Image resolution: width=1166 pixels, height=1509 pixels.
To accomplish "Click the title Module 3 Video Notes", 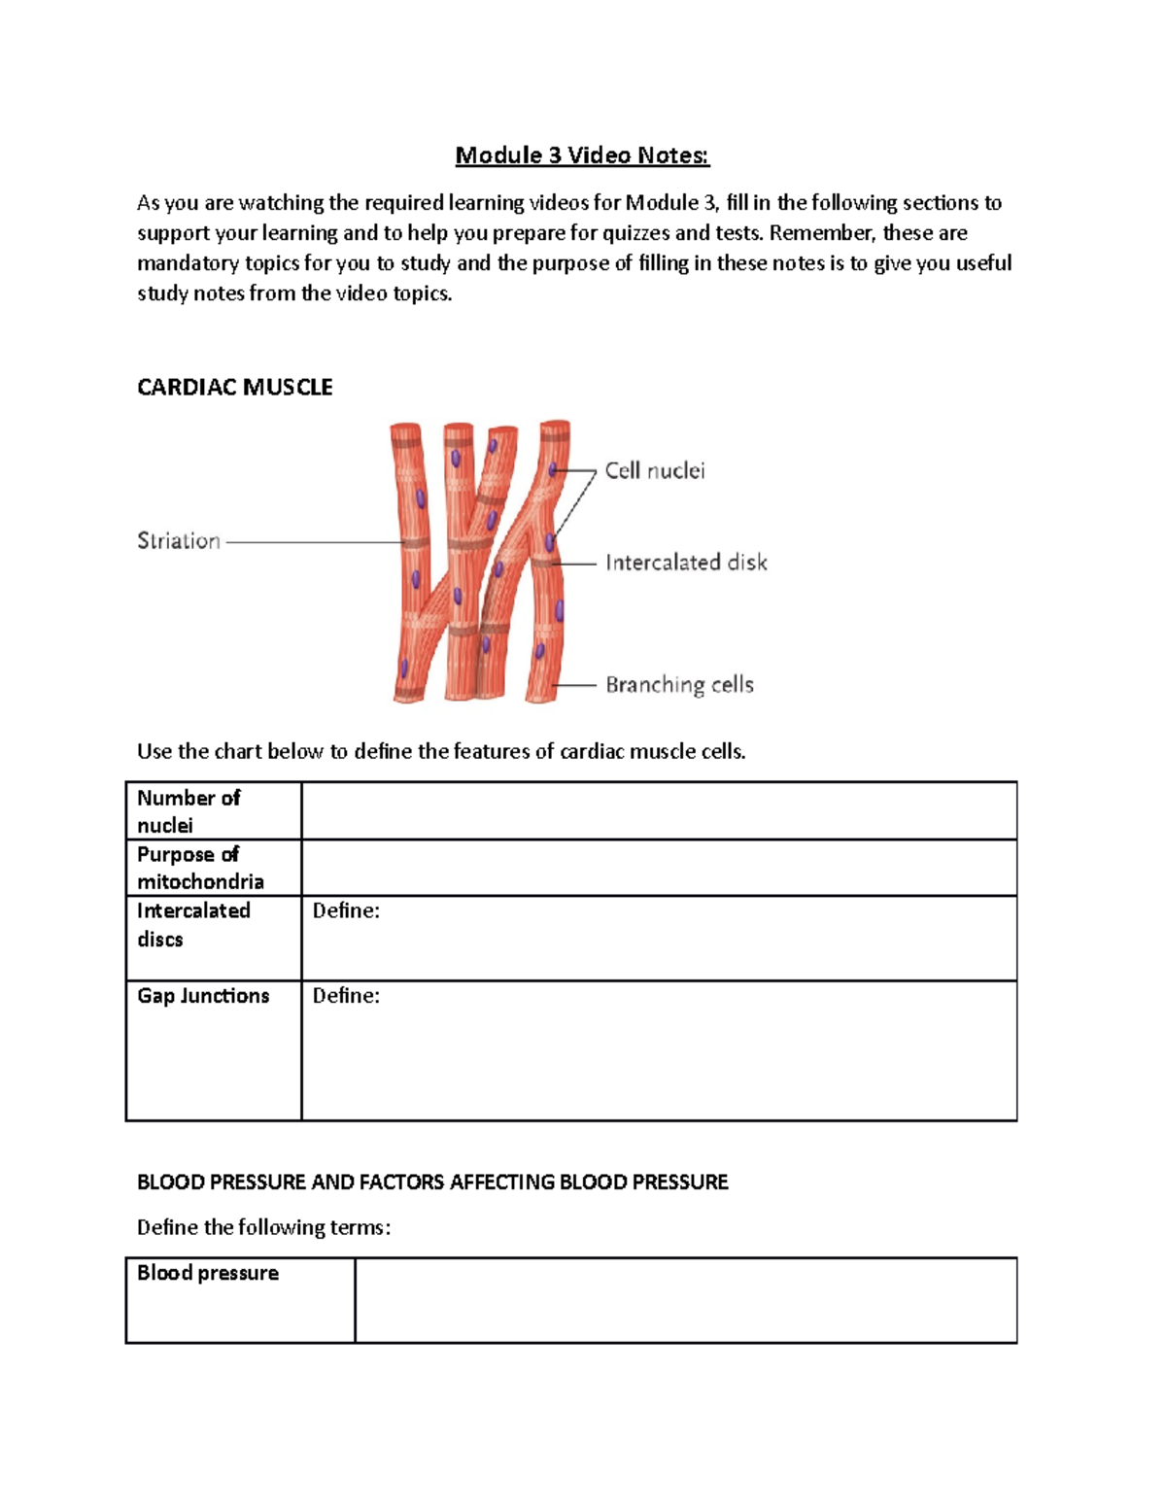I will pos(582,155).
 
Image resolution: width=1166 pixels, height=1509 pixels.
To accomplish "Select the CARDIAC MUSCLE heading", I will pos(234,388).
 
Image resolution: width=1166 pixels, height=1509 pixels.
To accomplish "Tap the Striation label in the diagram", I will pos(179,541).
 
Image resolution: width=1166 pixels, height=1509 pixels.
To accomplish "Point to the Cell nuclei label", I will pos(655,471).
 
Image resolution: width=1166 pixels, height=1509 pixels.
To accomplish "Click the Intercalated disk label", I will pos(686,563).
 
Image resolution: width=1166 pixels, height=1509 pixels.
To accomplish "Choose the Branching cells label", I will pos(679,685).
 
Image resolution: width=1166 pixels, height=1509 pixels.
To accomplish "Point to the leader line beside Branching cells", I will pos(575,685).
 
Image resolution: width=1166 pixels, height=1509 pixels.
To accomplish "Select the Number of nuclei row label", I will pos(189,811).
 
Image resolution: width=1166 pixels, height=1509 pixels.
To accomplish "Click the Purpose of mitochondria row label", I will pos(200,868).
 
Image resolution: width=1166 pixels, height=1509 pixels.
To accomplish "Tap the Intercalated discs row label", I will pos(193,925).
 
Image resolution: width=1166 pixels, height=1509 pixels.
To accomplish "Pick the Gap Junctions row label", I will pos(203,996).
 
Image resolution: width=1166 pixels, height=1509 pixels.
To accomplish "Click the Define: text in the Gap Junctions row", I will pos(346,996).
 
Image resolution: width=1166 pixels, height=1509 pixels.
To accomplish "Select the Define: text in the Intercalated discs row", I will pos(346,910).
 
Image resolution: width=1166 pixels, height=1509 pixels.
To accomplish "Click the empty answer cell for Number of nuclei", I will pos(659,811).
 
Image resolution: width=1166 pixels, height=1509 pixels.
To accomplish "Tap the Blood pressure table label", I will pos(208,1273).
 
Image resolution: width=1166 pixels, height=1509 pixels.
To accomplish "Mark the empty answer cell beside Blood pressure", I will pos(685,1300).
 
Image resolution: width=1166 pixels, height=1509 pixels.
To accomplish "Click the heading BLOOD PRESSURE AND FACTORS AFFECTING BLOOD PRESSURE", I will pos(432,1183).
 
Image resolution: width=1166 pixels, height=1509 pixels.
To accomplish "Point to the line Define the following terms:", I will pos(263,1227).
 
